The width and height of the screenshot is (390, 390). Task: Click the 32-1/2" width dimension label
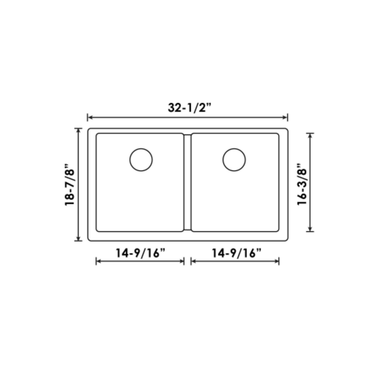point(187,109)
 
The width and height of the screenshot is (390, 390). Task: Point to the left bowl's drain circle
point(141,160)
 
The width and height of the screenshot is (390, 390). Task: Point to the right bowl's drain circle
point(234,160)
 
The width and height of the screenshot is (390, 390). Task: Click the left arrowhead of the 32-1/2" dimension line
point(89,118)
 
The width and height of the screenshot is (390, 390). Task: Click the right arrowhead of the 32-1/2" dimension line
point(286,118)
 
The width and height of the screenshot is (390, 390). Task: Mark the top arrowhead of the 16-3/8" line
point(310,135)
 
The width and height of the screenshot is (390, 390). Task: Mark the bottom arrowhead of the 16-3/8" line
point(310,230)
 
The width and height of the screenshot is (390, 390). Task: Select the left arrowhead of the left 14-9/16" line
point(98,261)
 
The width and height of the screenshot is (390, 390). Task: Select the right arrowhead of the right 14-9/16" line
point(277,261)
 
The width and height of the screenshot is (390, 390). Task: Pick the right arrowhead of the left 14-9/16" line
point(182,261)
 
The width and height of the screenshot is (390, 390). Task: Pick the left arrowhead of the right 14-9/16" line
point(193,261)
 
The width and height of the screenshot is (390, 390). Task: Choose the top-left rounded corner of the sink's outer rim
point(90,130)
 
